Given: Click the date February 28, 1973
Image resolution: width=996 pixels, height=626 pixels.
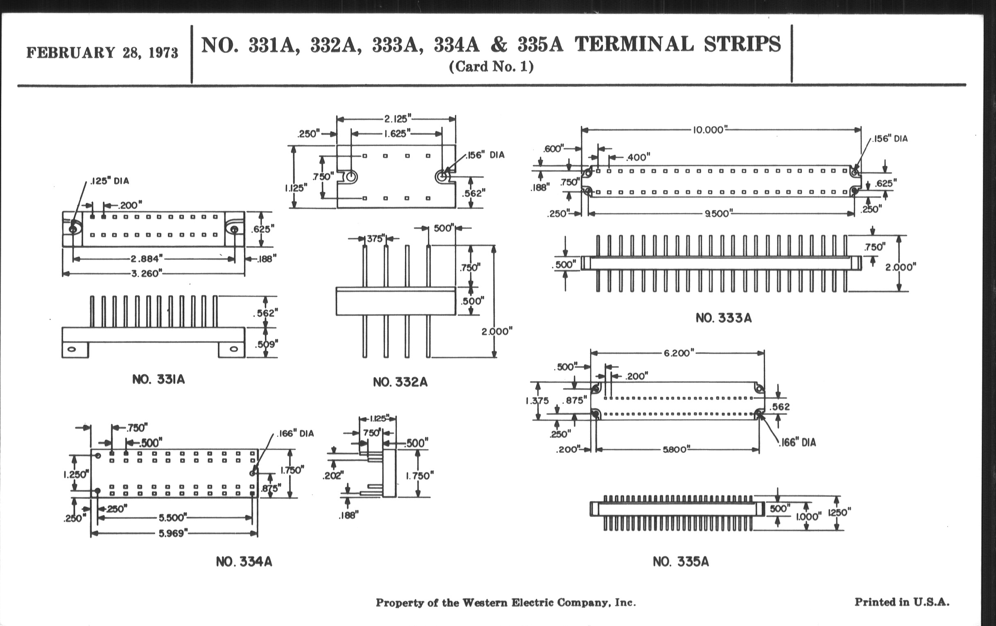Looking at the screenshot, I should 102,53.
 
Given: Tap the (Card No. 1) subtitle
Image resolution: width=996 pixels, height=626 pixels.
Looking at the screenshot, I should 491,67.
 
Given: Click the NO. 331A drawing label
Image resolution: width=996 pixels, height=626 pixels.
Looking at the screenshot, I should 158,379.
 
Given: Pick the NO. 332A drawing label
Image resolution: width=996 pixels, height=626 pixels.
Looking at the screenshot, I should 400,382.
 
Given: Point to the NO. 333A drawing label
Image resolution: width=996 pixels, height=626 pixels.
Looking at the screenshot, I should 723,318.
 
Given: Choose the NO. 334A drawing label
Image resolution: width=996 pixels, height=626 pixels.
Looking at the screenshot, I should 244,562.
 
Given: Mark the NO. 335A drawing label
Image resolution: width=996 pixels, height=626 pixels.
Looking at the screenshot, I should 680,562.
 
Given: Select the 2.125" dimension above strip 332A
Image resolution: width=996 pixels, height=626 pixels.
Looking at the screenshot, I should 398,119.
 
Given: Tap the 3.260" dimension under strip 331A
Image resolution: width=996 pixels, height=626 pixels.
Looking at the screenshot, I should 147,274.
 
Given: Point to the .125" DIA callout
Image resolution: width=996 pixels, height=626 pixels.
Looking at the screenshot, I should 110,181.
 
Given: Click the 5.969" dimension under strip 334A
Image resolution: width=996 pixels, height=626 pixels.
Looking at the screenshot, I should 173,534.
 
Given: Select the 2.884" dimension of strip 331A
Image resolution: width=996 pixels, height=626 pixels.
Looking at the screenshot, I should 147,259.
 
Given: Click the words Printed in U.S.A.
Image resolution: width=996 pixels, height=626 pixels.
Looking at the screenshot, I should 902,602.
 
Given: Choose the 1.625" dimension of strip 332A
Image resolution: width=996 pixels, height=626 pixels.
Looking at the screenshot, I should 397,133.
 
